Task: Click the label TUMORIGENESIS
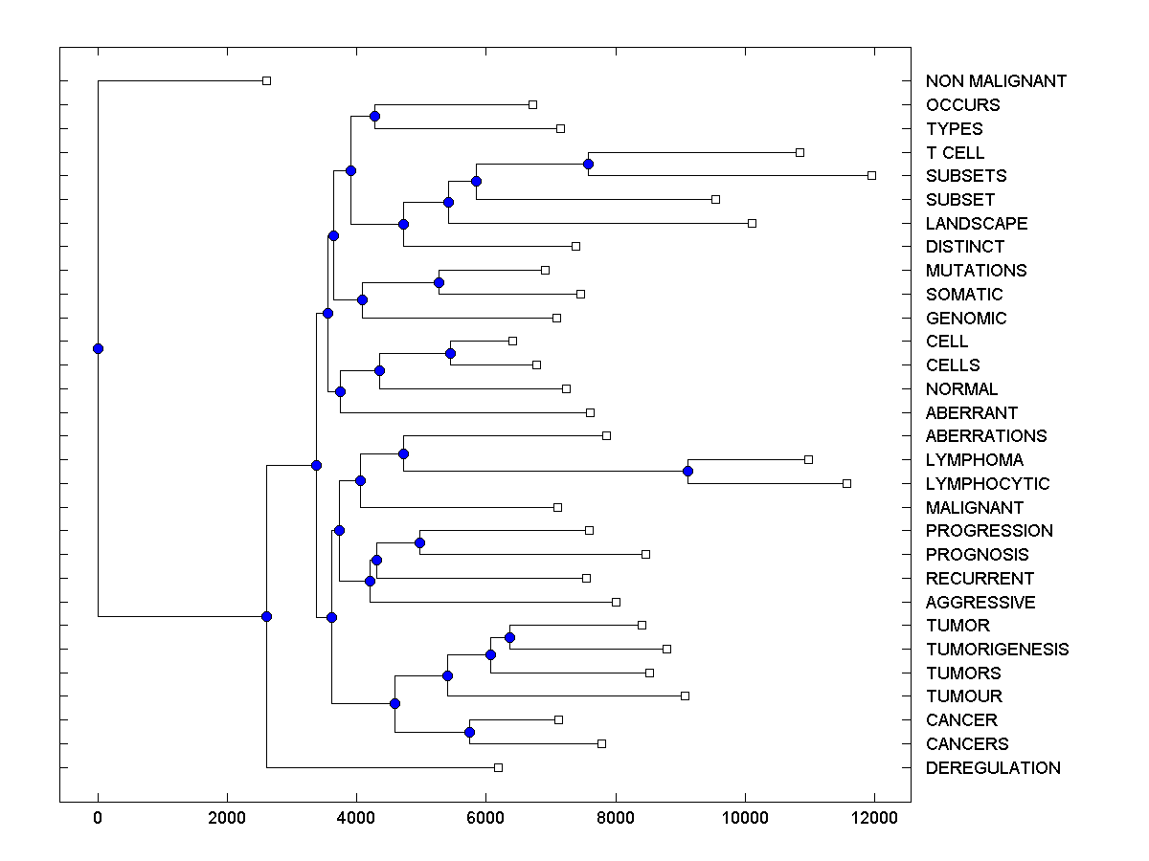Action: click(x=997, y=650)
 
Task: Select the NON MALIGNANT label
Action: click(x=996, y=81)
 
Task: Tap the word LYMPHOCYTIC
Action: click(x=987, y=484)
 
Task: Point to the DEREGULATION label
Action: click(x=993, y=768)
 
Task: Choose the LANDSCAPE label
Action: click(x=977, y=224)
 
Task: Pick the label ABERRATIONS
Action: click(x=986, y=436)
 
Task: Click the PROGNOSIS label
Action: click(x=977, y=555)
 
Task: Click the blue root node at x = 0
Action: click(x=98, y=348)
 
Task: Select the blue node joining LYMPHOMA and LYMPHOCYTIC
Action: click(x=687, y=471)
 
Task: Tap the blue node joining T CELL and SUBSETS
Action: click(x=588, y=164)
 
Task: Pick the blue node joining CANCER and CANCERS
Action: click(x=469, y=732)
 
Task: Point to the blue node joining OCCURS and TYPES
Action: click(x=374, y=117)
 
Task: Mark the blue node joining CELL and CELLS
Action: click(x=450, y=353)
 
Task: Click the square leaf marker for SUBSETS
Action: click(x=871, y=175)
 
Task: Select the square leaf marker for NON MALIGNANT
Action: click(x=266, y=80)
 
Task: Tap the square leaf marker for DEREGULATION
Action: click(x=498, y=767)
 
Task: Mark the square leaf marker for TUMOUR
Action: click(x=685, y=695)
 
